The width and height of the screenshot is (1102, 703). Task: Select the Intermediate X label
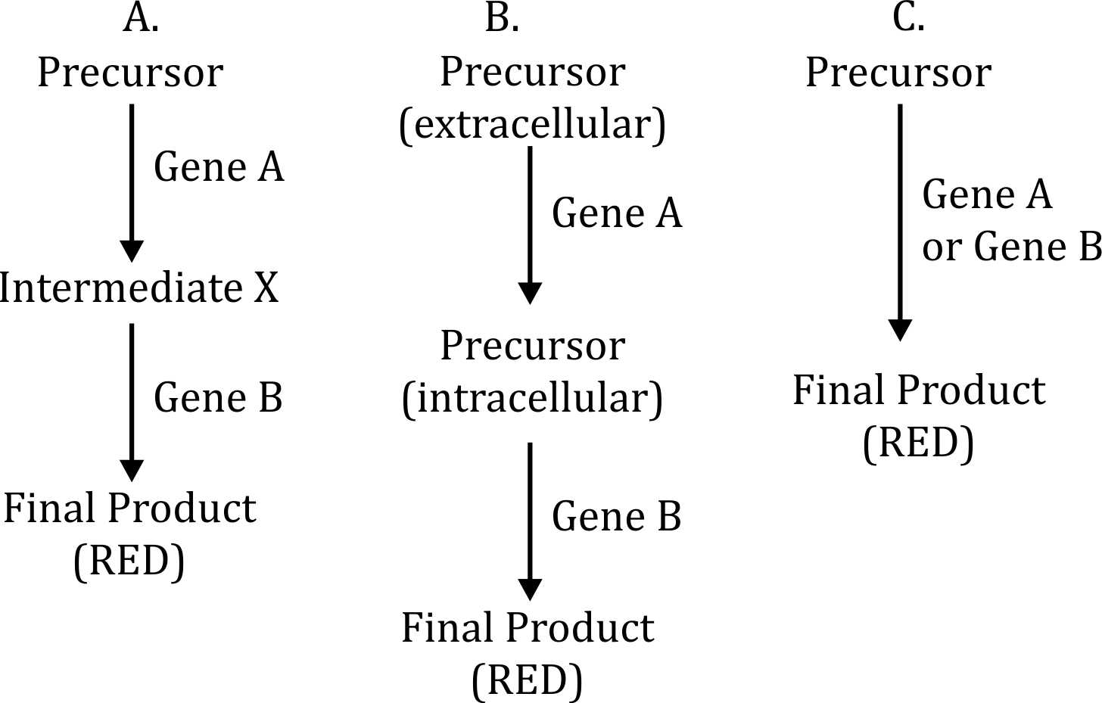pyautogui.click(x=139, y=288)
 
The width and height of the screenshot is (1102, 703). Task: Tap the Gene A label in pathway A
pyautogui.click(x=219, y=167)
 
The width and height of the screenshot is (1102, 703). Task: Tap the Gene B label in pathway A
pyautogui.click(x=218, y=398)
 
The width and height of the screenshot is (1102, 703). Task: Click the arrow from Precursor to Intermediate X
pyautogui.click(x=132, y=182)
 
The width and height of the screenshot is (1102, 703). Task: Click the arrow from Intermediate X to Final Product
pyautogui.click(x=132, y=401)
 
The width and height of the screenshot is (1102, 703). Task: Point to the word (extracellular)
pyautogui.click(x=533, y=124)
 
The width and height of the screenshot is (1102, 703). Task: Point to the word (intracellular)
pyautogui.click(x=533, y=398)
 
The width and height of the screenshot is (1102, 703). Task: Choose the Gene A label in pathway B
pyautogui.click(x=617, y=213)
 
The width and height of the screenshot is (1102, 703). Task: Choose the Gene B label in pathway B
pyautogui.click(x=617, y=517)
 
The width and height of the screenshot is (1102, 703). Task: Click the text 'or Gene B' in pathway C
pyautogui.click(x=1011, y=247)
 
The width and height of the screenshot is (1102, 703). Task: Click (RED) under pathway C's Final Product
pyautogui.click(x=918, y=443)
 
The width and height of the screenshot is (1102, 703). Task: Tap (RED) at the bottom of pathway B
pyautogui.click(x=527, y=680)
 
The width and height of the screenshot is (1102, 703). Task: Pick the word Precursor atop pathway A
pyautogui.click(x=130, y=73)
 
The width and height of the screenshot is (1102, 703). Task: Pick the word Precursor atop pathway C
pyautogui.click(x=898, y=73)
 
